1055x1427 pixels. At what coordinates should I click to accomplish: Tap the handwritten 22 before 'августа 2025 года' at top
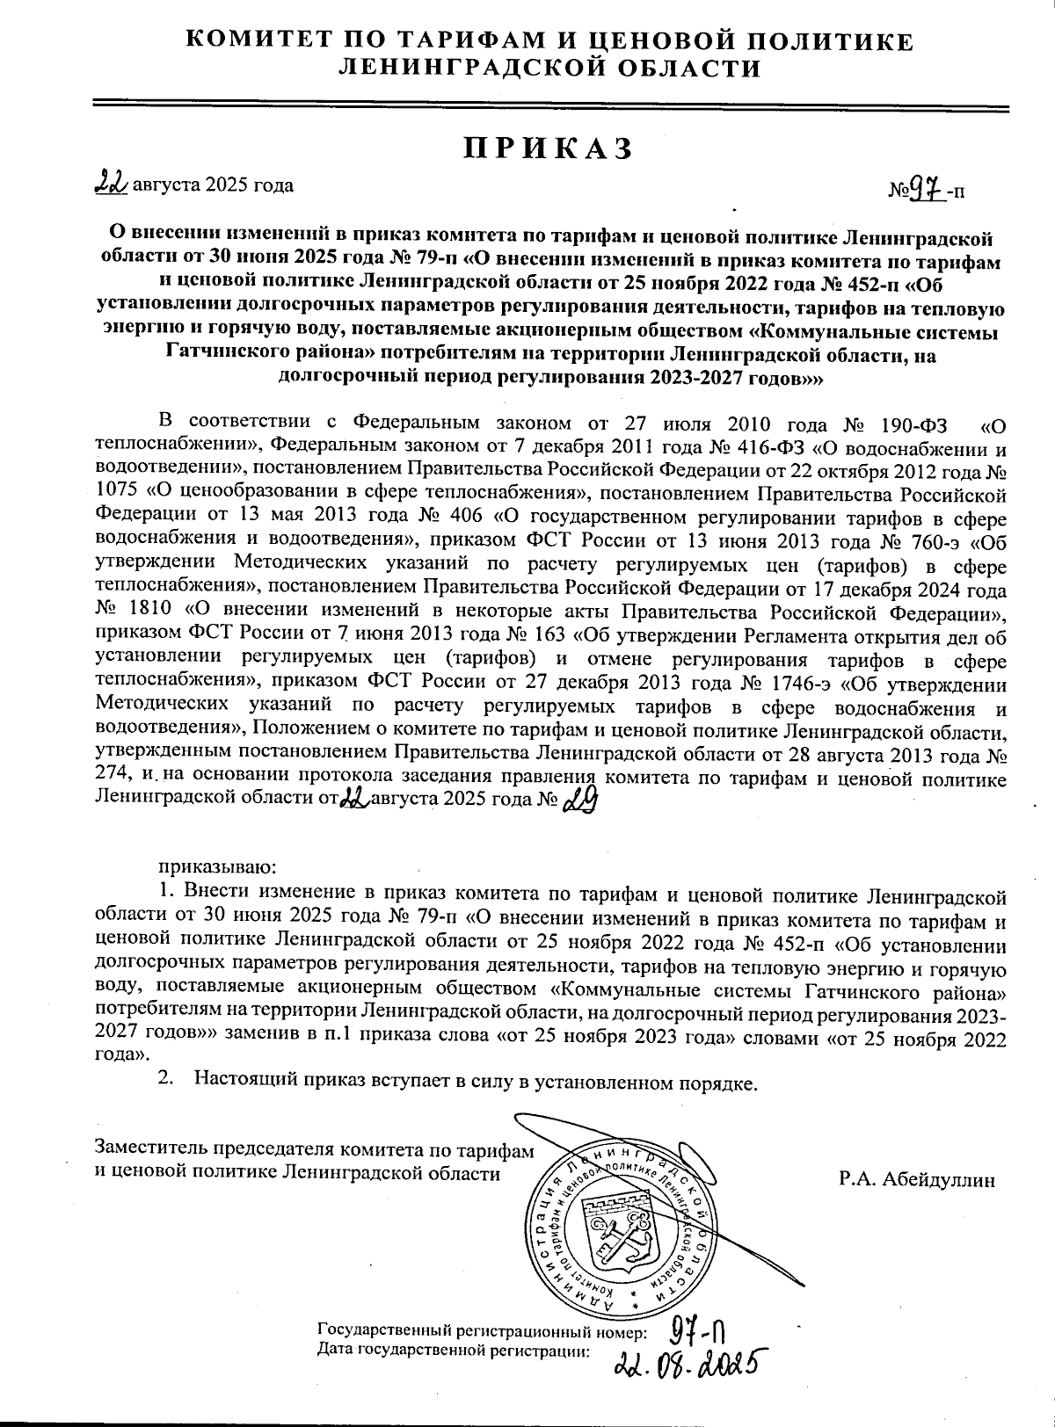112,183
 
